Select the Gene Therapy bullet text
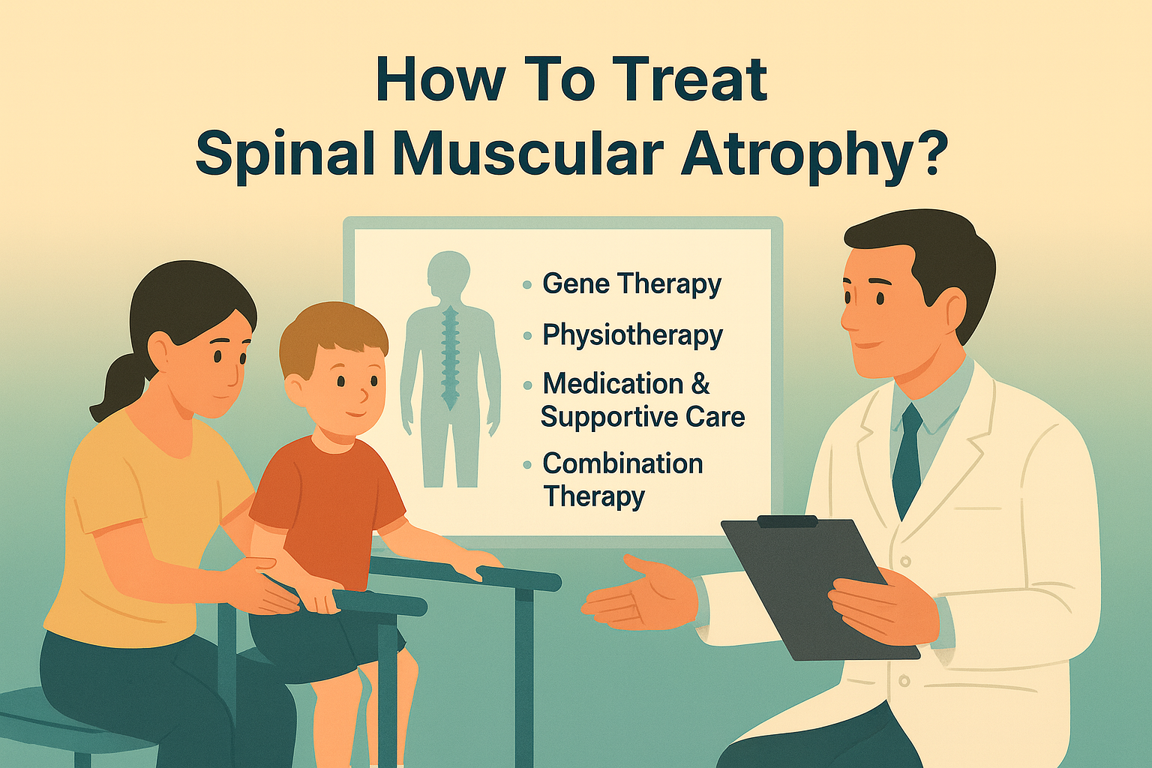[631, 284]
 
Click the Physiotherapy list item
[632, 335]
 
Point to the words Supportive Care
[643, 417]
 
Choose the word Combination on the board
[622, 463]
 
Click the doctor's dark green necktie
[907, 457]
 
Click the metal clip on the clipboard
[787, 521]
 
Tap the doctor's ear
[954, 309]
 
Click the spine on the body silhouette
[450, 352]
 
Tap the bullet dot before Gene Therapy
[527, 285]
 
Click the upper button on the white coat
[906, 561]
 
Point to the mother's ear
[160, 349]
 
